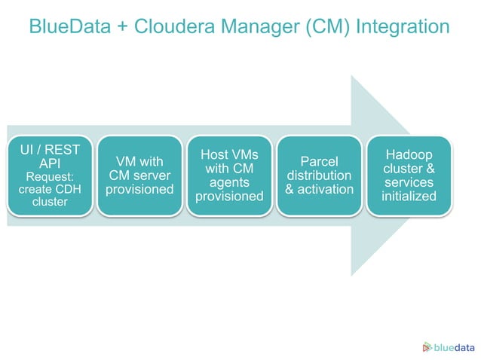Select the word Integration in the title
[x=402, y=26]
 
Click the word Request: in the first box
[x=50, y=175]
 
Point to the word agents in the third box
[x=229, y=182]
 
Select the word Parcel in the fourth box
[x=319, y=161]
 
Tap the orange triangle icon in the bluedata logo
[x=427, y=346]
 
